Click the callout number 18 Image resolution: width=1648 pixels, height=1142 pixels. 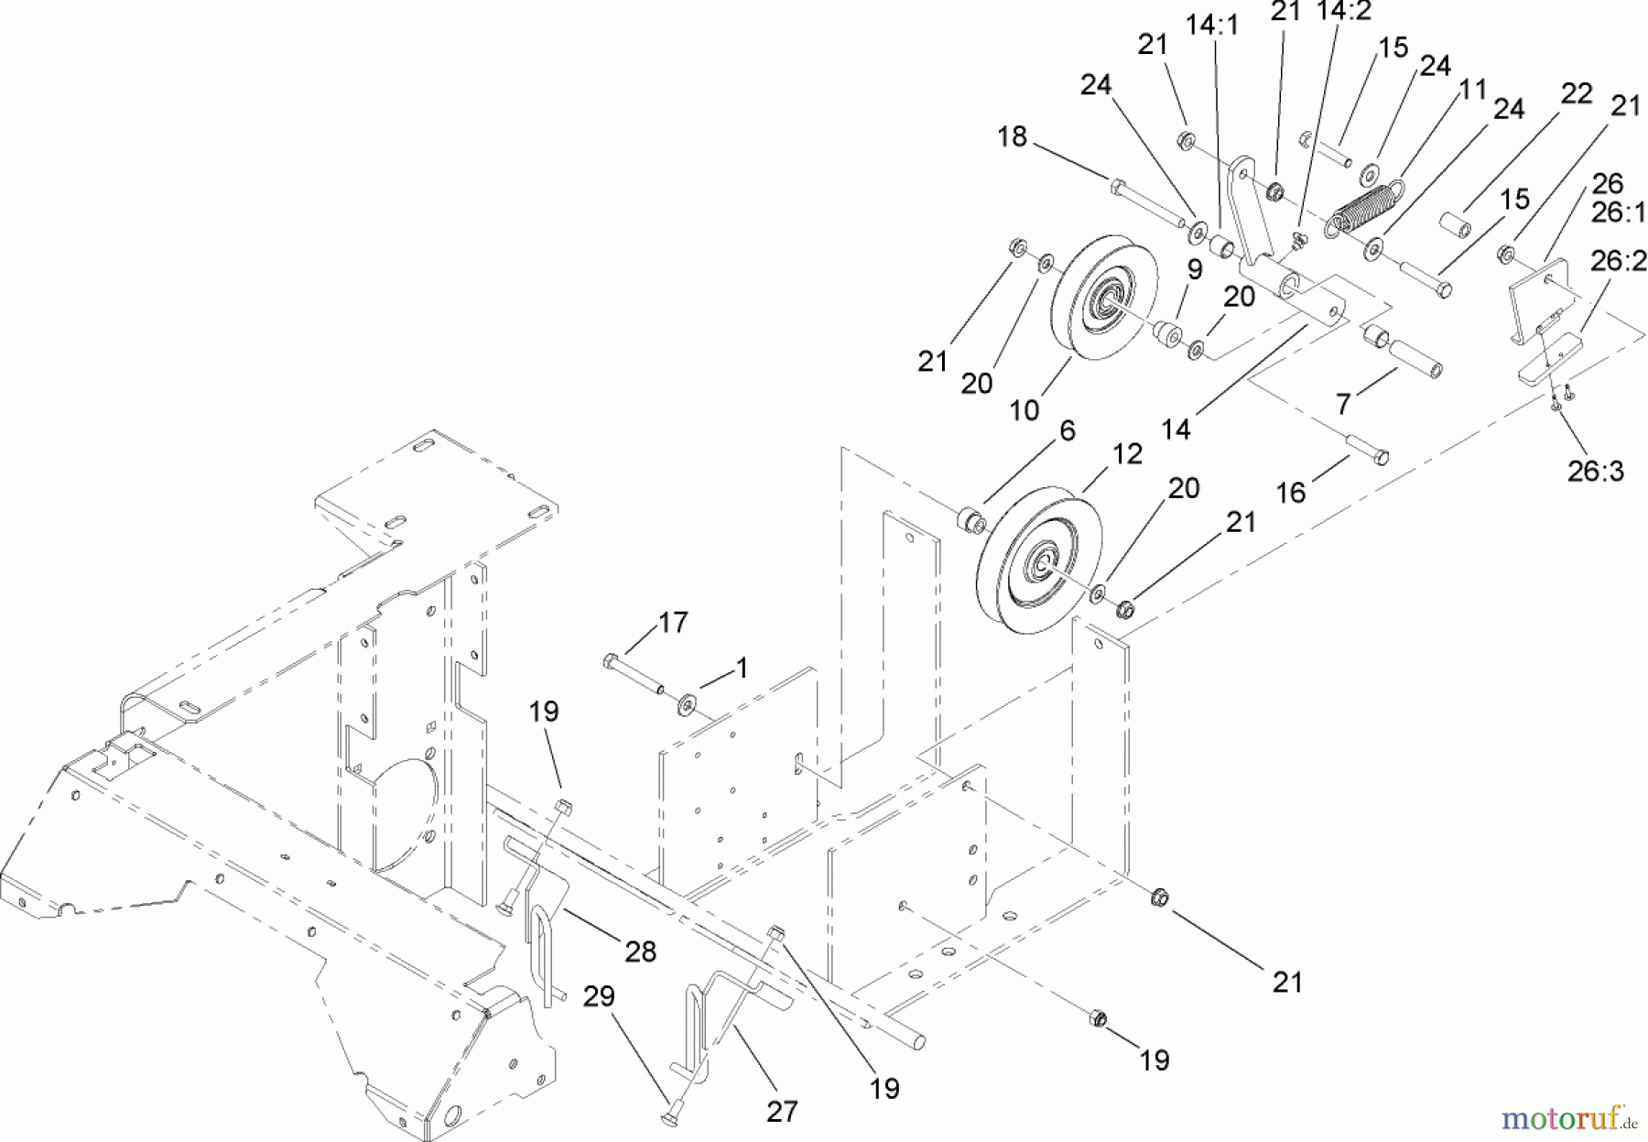point(1013,136)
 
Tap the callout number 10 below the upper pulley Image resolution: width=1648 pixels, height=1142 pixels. point(1025,409)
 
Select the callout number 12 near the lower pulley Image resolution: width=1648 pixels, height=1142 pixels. point(1128,454)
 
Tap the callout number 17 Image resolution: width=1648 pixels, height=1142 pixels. point(673,623)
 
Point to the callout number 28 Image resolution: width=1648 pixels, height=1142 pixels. point(640,952)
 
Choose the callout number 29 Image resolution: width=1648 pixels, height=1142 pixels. point(600,996)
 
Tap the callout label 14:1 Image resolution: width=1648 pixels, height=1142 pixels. point(1212,26)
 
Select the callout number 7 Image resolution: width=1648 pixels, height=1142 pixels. point(1343,404)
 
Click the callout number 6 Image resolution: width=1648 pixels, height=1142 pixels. point(1067,431)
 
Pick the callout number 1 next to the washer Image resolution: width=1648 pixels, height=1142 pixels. point(743,669)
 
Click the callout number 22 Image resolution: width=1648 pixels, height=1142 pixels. point(1577,92)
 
